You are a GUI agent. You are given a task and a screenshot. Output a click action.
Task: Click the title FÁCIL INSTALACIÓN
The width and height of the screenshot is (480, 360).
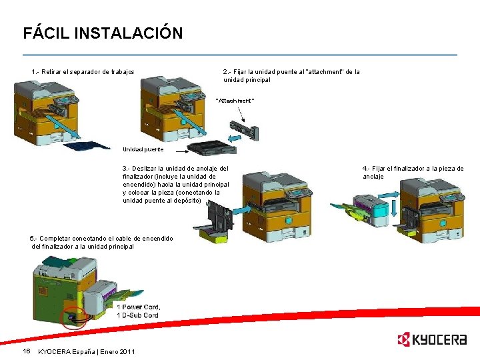[103, 33]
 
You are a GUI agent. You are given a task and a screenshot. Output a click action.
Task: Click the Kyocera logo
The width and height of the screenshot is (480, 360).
[431, 340]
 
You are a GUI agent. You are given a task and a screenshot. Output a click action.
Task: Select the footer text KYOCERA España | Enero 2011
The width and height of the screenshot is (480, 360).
[87, 351]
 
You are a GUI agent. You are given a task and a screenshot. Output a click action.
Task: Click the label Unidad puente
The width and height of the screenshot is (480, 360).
[143, 149]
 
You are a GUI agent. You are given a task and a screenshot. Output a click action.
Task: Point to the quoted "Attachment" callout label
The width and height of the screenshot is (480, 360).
[235, 101]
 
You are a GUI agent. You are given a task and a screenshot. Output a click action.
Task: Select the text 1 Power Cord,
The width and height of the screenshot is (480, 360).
[138, 307]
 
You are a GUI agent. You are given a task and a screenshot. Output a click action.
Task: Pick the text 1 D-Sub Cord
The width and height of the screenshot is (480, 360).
[137, 315]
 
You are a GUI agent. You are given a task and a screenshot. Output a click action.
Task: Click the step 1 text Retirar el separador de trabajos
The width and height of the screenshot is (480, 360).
[83, 71]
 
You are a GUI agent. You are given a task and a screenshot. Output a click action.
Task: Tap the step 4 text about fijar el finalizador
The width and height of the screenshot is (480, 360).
[413, 173]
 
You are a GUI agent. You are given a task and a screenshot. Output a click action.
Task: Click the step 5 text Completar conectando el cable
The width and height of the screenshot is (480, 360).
[101, 242]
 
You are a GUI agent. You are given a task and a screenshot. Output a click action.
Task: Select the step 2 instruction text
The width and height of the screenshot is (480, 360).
[291, 75]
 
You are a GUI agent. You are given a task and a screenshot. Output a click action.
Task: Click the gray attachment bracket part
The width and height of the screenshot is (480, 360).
[243, 128]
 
